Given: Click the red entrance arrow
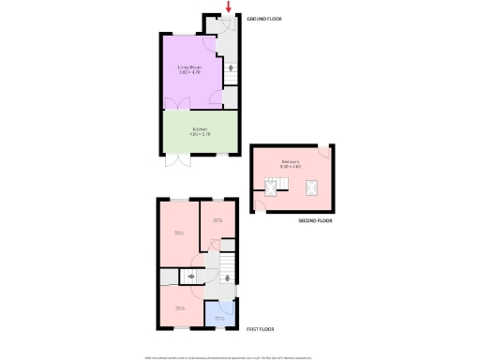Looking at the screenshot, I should tap(228, 7).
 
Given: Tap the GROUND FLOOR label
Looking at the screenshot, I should tap(263, 19).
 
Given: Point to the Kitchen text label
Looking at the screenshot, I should tap(200, 128).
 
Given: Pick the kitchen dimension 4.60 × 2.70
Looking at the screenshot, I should tap(200, 134).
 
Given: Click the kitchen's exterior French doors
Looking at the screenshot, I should tap(172, 160).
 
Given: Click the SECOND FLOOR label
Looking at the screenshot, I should tap(316, 220).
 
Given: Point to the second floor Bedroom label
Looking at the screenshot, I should tap(292, 161).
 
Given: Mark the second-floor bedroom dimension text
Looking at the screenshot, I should tap(292, 166).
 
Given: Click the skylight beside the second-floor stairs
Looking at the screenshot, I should tap(272, 188).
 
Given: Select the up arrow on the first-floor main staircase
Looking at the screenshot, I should tap(228, 276).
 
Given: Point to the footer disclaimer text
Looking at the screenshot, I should tap(240, 353).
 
